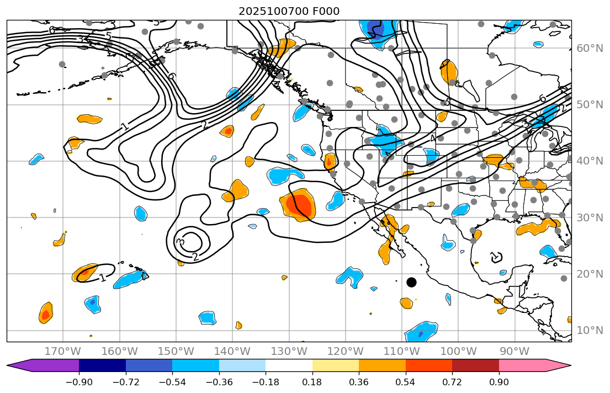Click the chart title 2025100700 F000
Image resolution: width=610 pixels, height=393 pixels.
289,11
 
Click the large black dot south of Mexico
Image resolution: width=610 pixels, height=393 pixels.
411,282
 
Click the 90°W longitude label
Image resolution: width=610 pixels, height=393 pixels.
514,351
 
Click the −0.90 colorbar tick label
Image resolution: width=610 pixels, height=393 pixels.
79,382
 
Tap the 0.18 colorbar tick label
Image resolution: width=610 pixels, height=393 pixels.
312,382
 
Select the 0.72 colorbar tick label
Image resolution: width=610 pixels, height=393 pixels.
452,382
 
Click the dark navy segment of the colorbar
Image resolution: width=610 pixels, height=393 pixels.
102,365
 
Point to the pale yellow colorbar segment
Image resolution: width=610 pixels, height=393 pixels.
336,365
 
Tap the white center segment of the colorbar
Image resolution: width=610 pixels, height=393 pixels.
289,365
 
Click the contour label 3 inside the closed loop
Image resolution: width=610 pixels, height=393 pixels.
181,242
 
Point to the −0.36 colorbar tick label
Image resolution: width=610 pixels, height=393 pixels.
219,382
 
